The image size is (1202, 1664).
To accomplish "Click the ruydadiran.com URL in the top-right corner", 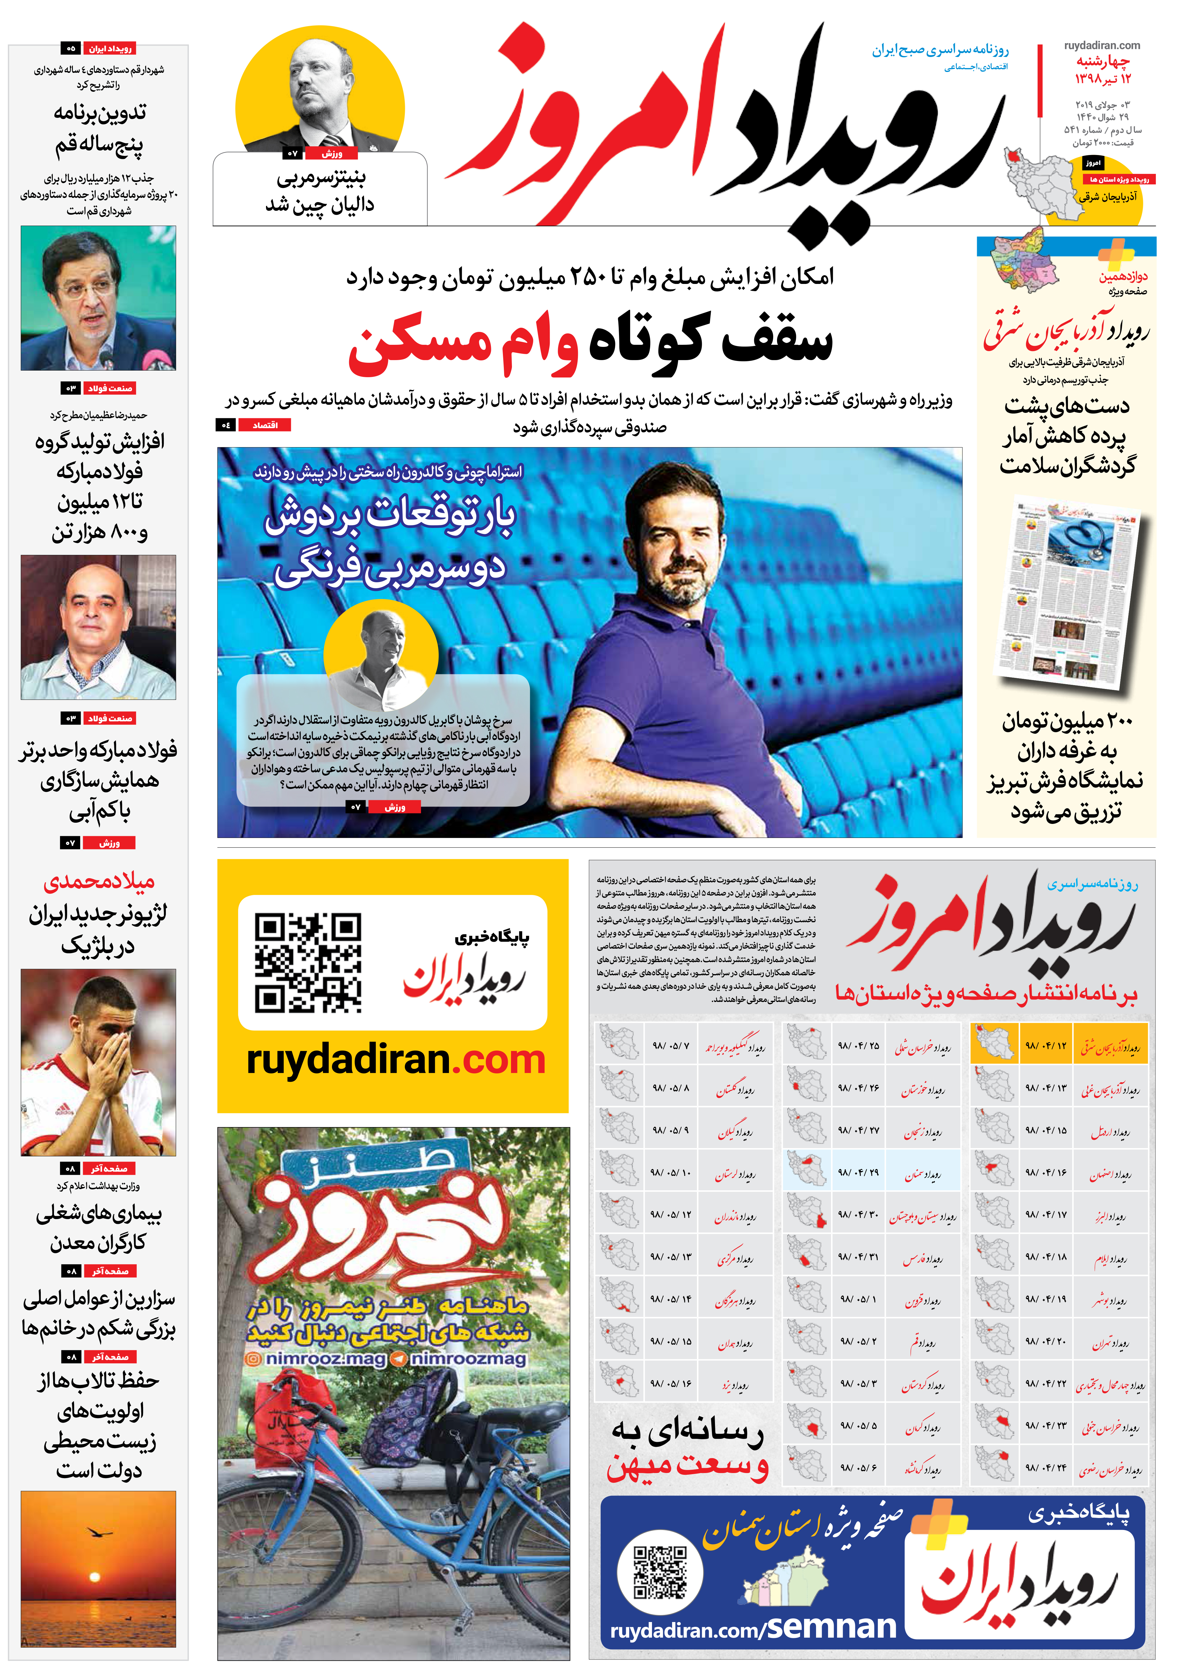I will tap(1102, 46).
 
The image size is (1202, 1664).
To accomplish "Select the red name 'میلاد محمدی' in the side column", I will tap(99, 881).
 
